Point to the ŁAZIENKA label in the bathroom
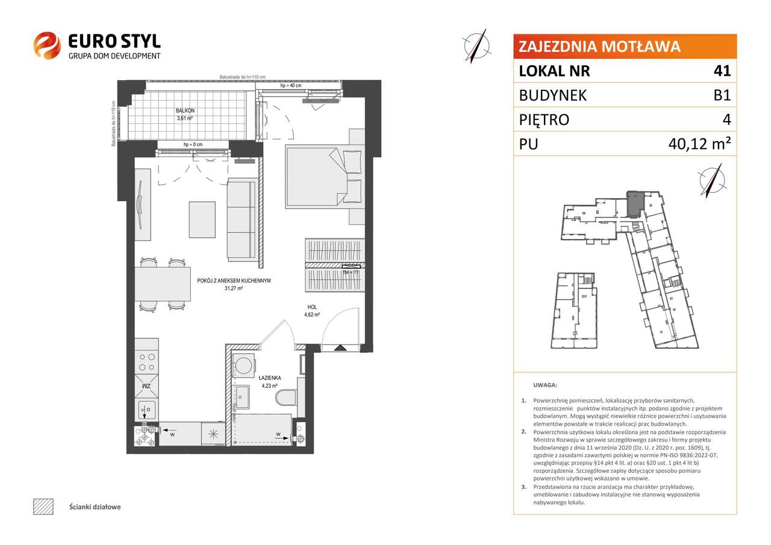269,378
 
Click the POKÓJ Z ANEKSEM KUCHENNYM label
233,281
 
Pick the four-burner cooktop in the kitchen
145,361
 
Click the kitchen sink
145,410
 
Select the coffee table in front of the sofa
202,219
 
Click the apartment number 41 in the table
722,71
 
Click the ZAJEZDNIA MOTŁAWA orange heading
599,46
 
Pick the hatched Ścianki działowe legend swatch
43,506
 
